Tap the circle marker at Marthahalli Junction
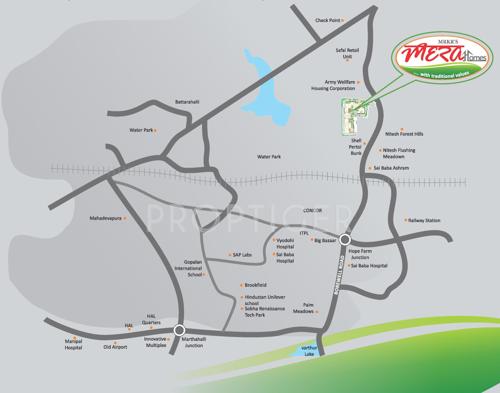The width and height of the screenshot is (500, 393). tap(179, 330)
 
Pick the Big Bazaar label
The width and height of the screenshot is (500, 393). tap(325, 241)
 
